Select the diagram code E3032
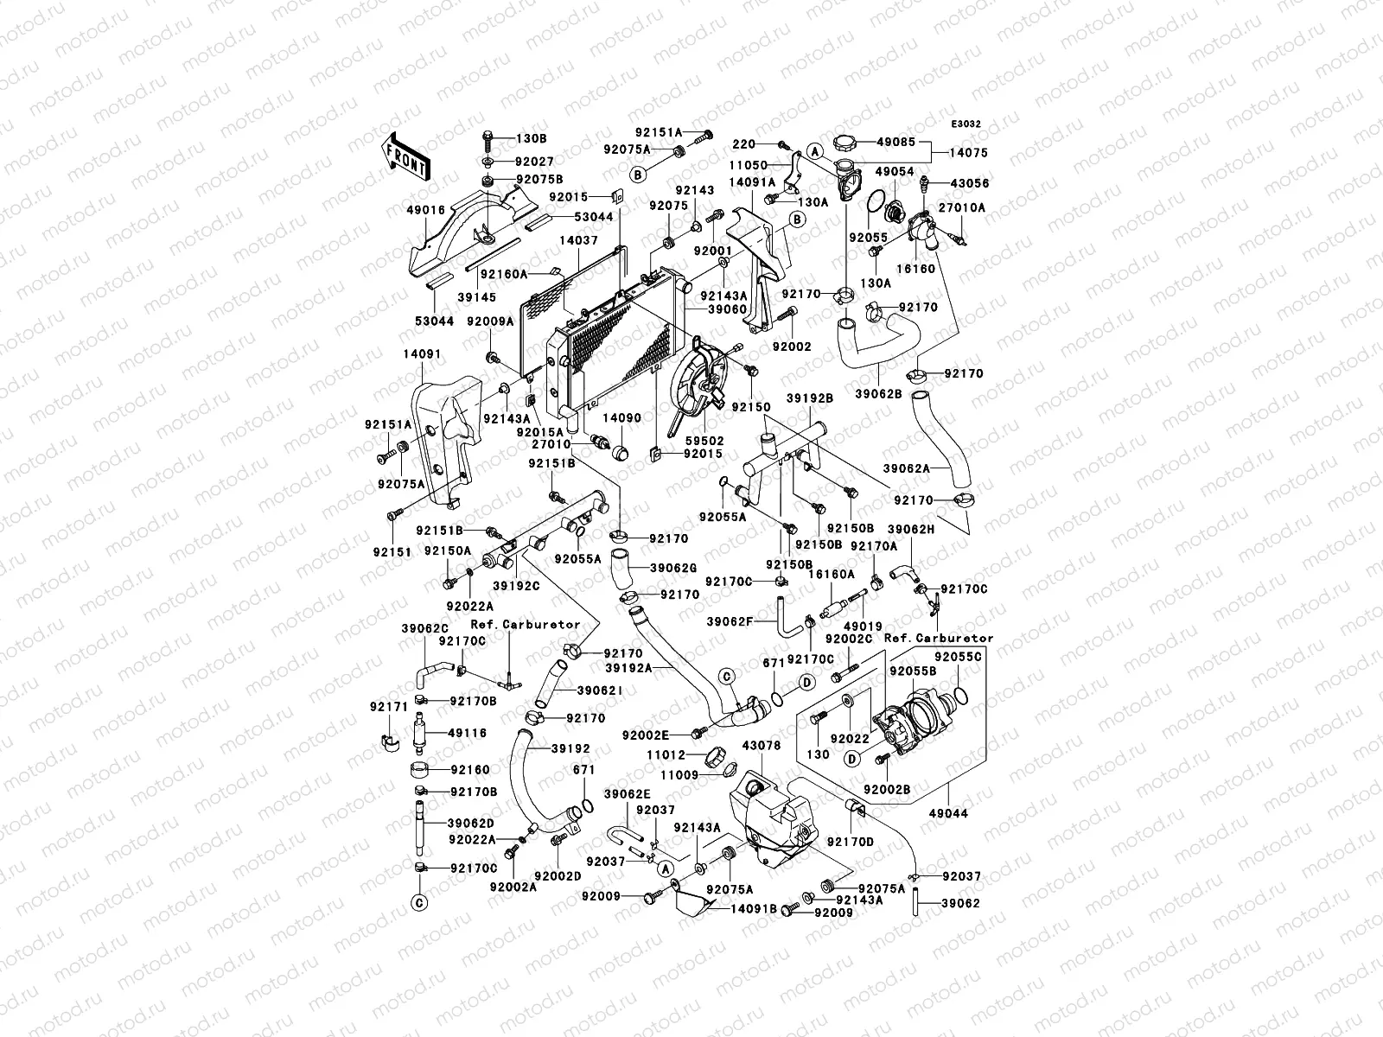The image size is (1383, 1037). [x=966, y=124]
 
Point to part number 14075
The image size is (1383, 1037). [x=969, y=153]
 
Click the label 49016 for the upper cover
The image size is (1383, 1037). [x=425, y=210]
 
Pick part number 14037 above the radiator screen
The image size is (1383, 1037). [x=578, y=240]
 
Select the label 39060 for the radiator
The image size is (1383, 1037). [x=727, y=309]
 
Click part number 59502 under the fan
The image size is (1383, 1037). [x=705, y=442]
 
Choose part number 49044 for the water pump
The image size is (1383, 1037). [x=948, y=813]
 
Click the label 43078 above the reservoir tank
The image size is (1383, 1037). [x=762, y=746]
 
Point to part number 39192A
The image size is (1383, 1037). [x=628, y=668]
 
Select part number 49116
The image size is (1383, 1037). [x=467, y=733]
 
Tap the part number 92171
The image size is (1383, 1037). [x=389, y=707]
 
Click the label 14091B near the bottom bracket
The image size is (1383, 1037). [x=755, y=909]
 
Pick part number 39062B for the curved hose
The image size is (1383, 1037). [x=878, y=394]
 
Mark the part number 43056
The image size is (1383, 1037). [x=970, y=183]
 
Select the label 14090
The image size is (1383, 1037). [x=621, y=418]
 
